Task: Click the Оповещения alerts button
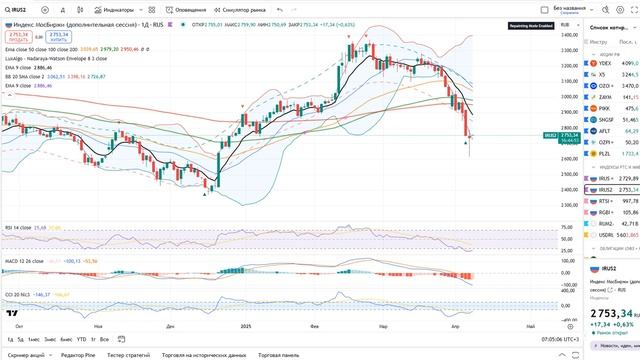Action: (187, 10)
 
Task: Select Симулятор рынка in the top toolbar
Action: (241, 10)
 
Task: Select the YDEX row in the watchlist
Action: (606, 61)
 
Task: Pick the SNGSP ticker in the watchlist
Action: (606, 118)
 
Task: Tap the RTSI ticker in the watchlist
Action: (606, 200)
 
